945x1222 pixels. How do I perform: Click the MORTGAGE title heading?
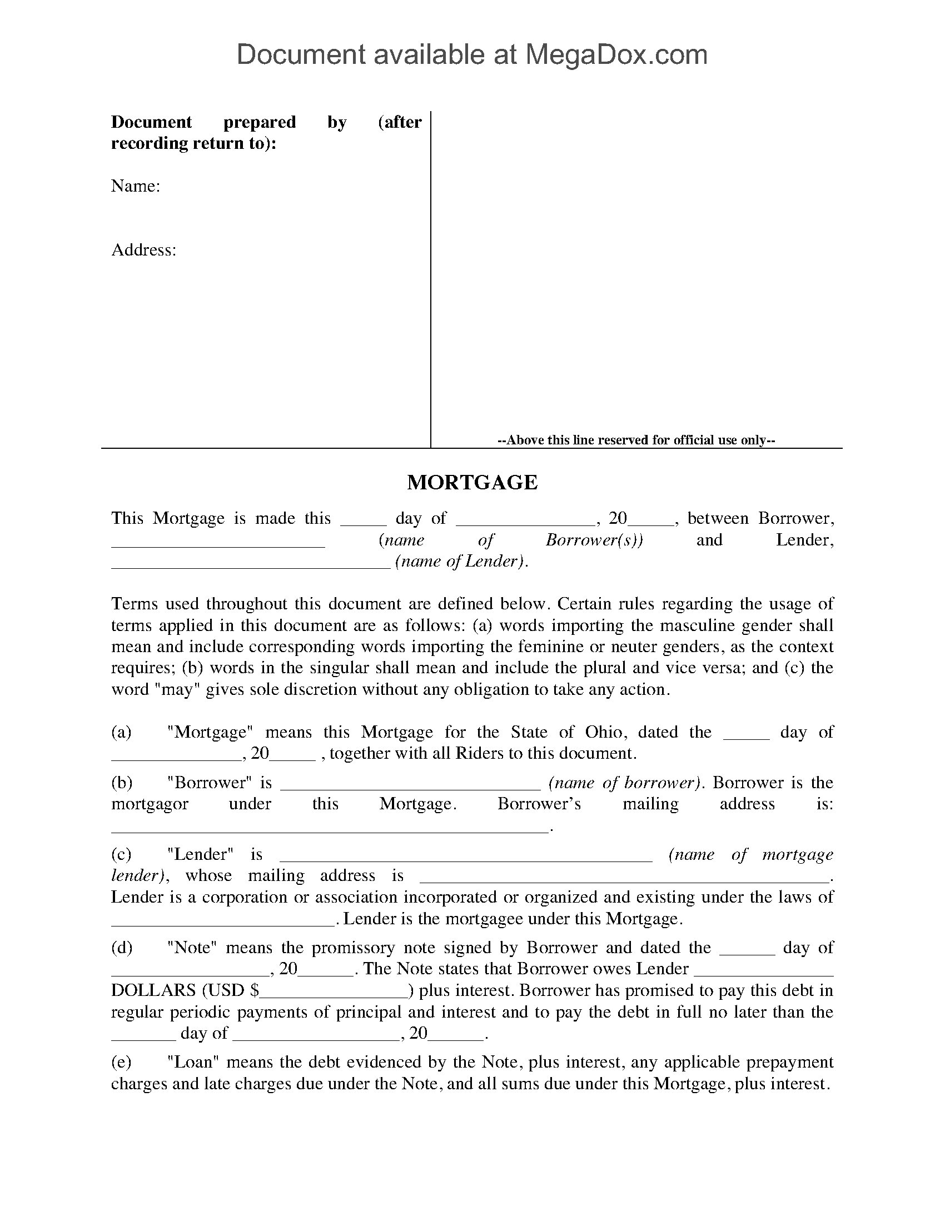pos(472,482)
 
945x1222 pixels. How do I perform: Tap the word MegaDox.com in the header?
pos(616,55)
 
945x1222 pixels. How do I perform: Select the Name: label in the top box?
pos(136,186)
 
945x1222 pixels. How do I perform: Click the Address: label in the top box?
pos(144,249)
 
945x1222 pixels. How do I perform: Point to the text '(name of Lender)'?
pos(461,561)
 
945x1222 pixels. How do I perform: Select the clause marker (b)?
pos(122,782)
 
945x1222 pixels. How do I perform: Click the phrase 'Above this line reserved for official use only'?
pos(636,440)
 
